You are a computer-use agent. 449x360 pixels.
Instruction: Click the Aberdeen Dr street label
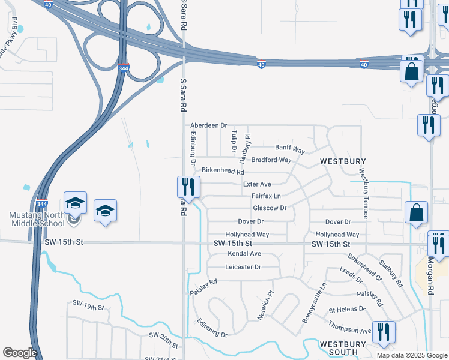point(208,125)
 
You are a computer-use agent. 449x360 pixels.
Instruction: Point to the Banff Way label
point(290,148)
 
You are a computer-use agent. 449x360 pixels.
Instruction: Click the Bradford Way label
point(271,160)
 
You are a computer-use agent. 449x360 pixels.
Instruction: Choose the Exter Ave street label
point(257,184)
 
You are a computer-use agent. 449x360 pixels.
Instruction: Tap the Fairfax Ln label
point(266,196)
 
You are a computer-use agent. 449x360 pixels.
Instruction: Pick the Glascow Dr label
point(270,208)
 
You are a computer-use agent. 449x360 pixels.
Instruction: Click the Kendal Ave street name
point(244,254)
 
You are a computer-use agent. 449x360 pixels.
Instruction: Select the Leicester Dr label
point(244,267)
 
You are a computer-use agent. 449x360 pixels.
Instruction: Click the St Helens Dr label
point(346,310)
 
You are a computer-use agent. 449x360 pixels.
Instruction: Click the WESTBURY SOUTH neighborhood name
point(342,348)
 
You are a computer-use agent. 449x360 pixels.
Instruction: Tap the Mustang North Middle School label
point(37,220)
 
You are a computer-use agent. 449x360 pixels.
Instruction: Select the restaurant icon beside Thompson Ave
point(384,332)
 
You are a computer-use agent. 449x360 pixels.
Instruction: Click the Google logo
point(19,353)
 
